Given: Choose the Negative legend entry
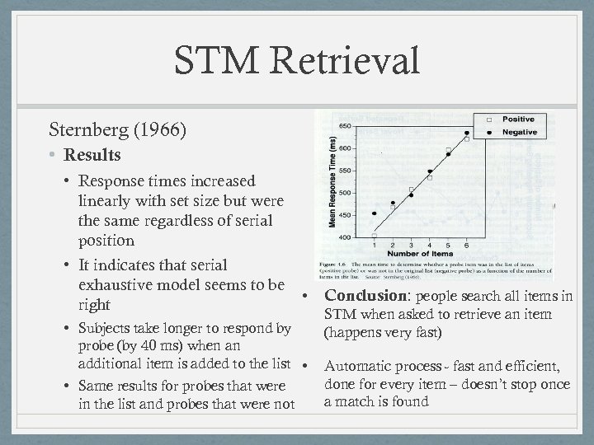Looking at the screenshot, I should (x=519, y=132).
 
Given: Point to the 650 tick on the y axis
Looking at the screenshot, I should (x=346, y=125).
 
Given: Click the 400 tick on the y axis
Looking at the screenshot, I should (x=346, y=237).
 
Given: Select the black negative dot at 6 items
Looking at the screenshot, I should (x=467, y=133).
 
